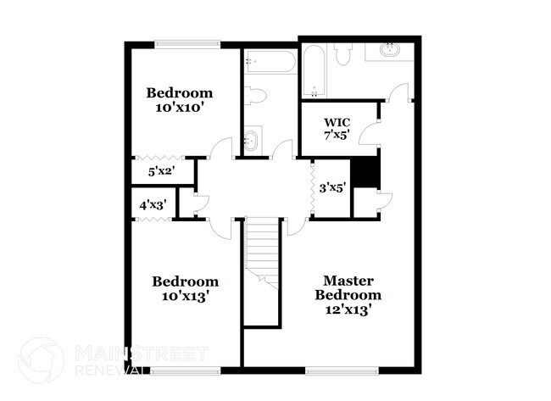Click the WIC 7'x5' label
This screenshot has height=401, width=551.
(x=326, y=128)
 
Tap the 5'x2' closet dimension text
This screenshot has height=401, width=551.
(x=160, y=170)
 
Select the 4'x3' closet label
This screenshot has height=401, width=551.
(x=152, y=203)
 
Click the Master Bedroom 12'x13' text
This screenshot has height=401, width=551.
(x=348, y=295)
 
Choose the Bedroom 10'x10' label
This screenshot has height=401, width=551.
(x=179, y=100)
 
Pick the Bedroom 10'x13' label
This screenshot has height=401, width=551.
(x=185, y=288)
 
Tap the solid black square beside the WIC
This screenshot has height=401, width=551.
(x=365, y=172)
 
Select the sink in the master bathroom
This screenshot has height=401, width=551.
(x=391, y=50)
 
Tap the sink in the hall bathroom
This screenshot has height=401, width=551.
(x=251, y=140)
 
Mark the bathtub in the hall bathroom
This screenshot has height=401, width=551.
(x=269, y=60)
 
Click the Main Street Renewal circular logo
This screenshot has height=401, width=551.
(x=40, y=359)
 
